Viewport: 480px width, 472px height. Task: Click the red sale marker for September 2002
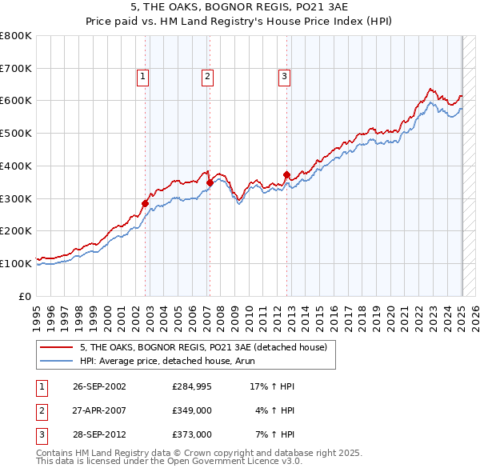pos(146,203)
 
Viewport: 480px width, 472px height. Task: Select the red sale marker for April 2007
pos(210,182)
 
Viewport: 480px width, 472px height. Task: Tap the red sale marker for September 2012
pos(286,174)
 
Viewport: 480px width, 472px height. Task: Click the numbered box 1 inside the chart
pos(142,77)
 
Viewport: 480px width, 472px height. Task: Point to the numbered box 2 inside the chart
pos(206,77)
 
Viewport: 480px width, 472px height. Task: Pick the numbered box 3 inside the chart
pos(284,77)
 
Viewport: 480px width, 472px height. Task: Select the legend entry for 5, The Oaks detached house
pos(203,348)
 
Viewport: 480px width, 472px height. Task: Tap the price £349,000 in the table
pos(191,410)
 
